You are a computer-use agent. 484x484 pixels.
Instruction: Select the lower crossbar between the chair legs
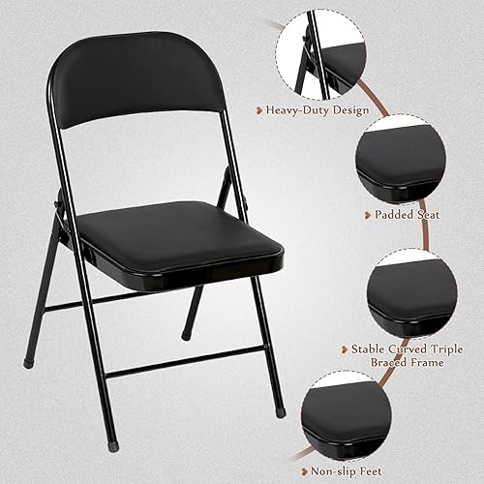coord(184,361)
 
